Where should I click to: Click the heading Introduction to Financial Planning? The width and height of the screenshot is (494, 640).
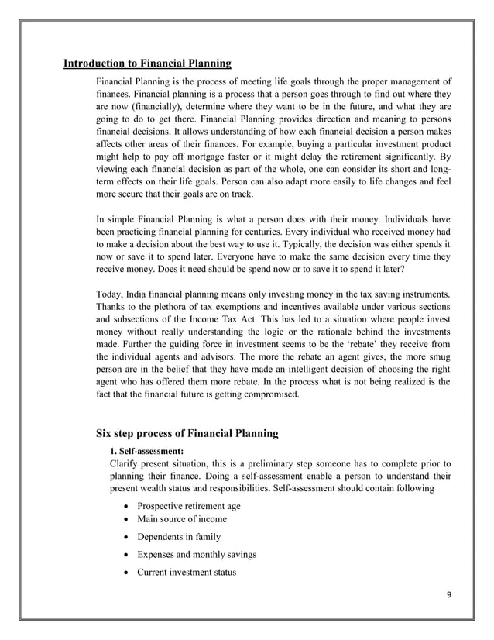click(147, 64)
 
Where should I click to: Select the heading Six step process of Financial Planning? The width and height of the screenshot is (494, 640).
click(187, 432)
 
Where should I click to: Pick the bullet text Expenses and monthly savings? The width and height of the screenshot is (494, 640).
click(197, 555)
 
